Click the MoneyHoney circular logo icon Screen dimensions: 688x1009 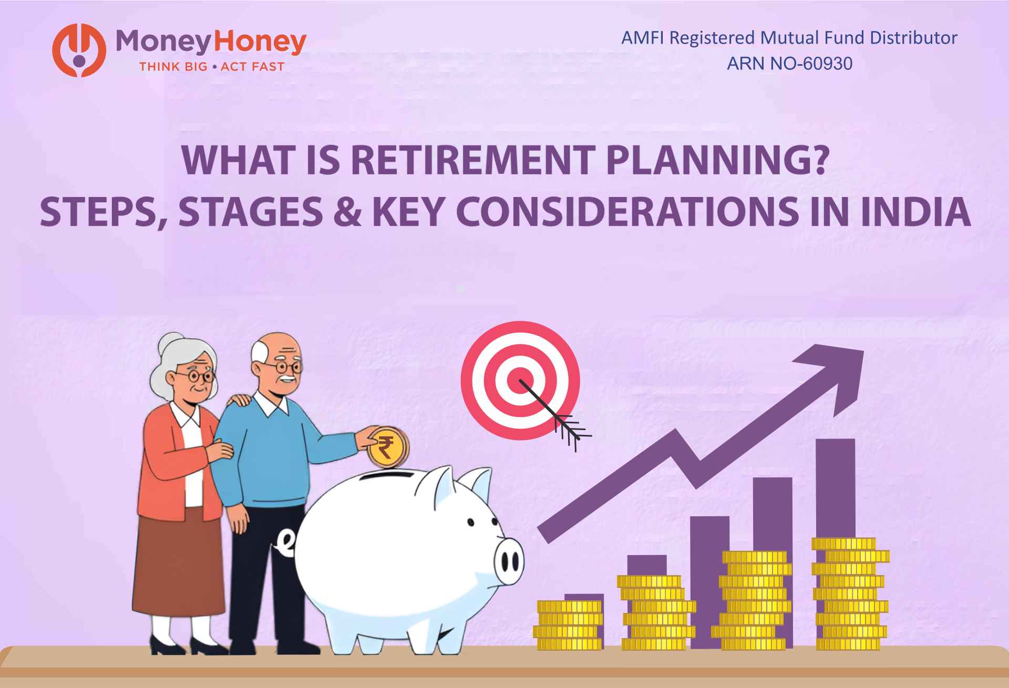(x=78, y=51)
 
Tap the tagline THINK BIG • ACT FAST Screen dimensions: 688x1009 (x=211, y=67)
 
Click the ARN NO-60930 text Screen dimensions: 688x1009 (x=789, y=64)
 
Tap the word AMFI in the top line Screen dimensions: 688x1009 (x=638, y=38)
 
